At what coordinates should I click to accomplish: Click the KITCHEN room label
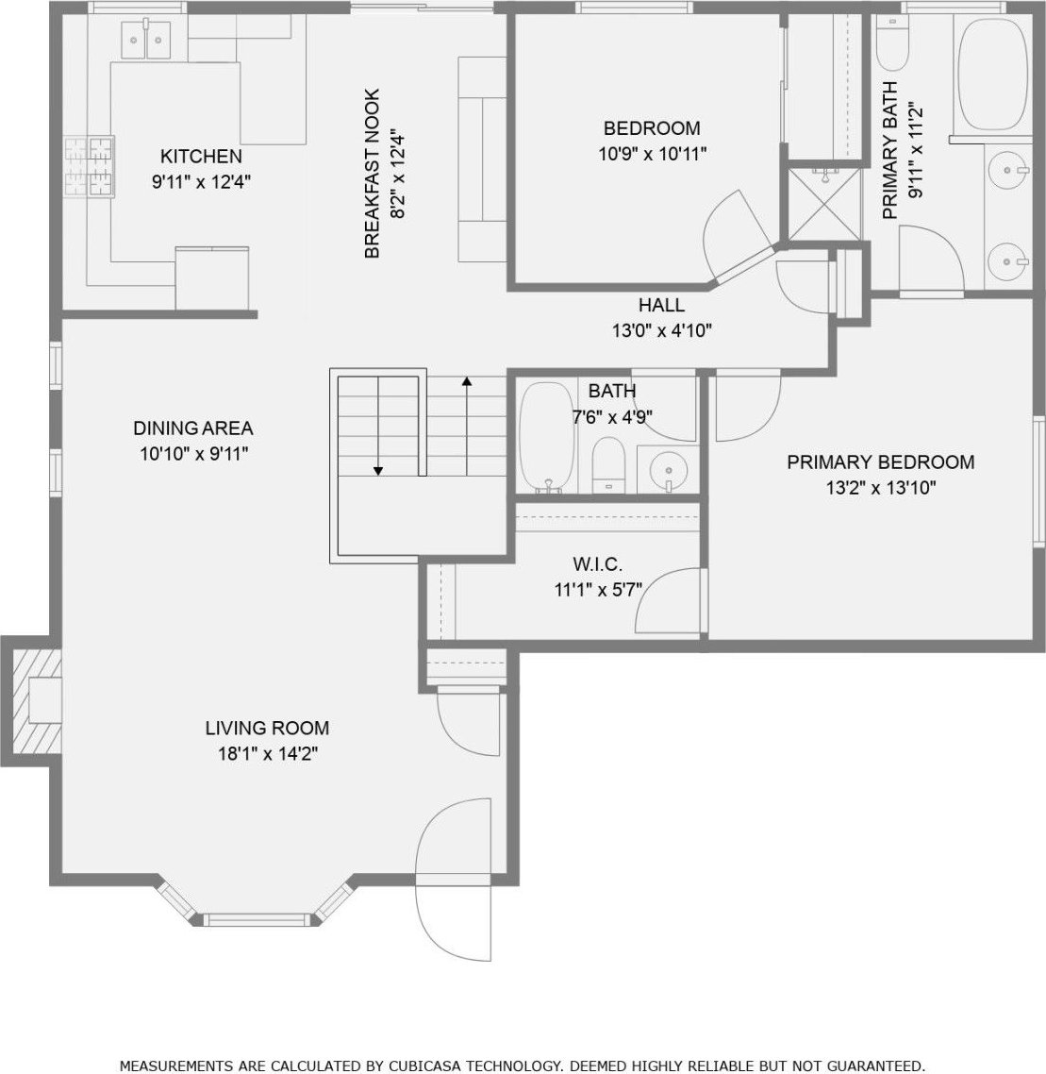(201, 156)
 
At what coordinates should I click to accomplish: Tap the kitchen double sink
(146, 41)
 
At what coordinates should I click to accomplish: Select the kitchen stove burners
(89, 166)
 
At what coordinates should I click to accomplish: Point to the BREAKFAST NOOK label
(372, 174)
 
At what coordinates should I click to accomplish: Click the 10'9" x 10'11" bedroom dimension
(653, 154)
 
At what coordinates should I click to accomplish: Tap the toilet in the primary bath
(892, 43)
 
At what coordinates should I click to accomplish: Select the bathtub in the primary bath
(992, 74)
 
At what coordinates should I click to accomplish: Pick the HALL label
(661, 305)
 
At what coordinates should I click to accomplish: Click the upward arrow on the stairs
(467, 426)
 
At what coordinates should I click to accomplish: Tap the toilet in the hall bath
(608, 464)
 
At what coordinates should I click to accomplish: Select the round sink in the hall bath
(668, 470)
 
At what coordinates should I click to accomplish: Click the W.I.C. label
(598, 564)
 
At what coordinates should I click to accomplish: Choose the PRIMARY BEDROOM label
(880, 461)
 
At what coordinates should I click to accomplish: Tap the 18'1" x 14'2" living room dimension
(268, 754)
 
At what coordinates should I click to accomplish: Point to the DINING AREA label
(193, 428)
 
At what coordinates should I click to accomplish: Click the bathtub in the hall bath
(547, 436)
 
